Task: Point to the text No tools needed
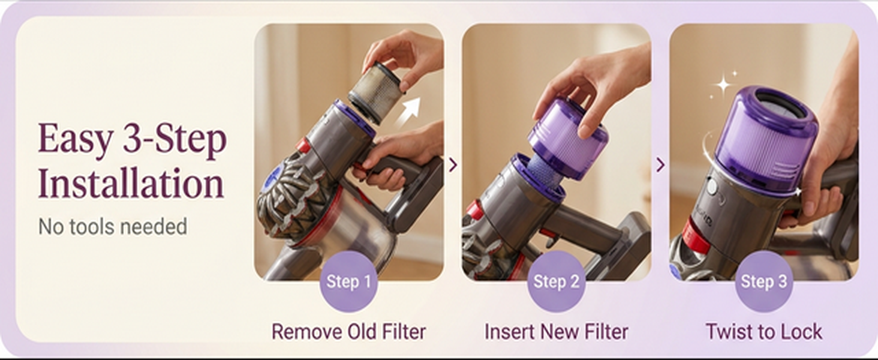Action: tap(113, 227)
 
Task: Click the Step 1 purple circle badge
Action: tap(348, 281)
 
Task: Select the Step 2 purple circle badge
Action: tap(556, 281)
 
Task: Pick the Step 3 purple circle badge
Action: tap(763, 281)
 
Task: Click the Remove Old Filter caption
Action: tap(348, 332)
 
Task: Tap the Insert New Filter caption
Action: tap(556, 332)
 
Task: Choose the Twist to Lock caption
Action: tap(763, 332)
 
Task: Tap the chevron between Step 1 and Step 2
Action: tap(453, 164)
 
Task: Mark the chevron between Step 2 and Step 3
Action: tap(660, 164)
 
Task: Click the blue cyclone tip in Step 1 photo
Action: tap(272, 176)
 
